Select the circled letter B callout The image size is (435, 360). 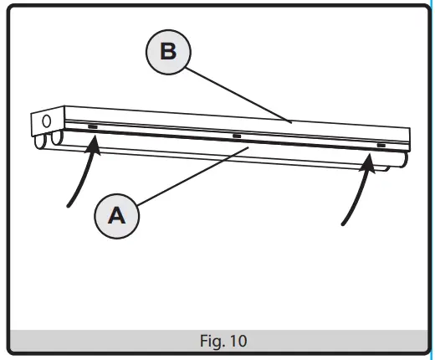pyautogui.click(x=168, y=51)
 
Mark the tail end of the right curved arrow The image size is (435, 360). pyautogui.click(x=344, y=224)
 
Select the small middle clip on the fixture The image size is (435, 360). pyautogui.click(x=238, y=136)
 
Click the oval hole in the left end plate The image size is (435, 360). pyautogui.click(x=46, y=121)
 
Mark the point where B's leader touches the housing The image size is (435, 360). pyautogui.click(x=290, y=121)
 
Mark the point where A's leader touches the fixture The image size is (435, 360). pyautogui.click(x=248, y=148)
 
